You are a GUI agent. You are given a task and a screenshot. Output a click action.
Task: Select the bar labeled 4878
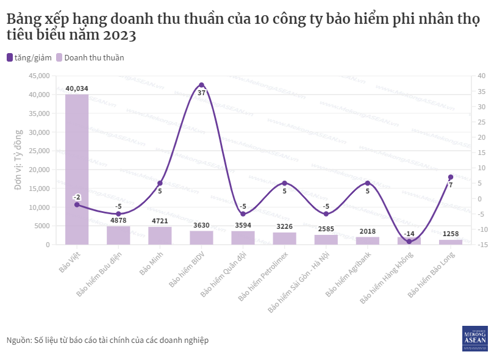(x=118, y=236)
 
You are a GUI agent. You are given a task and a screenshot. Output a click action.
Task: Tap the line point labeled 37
(x=201, y=85)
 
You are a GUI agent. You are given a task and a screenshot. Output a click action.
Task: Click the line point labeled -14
(x=409, y=242)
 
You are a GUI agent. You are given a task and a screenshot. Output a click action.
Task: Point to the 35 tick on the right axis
(x=481, y=92)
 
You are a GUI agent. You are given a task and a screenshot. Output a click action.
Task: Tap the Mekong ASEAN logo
(x=474, y=337)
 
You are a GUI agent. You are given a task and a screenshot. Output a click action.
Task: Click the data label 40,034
(x=77, y=88)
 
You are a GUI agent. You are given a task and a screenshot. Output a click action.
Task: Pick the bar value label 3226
(x=284, y=226)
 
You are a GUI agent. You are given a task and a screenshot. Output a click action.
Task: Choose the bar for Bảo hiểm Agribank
(x=368, y=240)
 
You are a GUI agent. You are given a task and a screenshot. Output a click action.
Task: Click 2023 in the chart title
(x=120, y=35)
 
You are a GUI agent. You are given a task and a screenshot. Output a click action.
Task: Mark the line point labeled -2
(x=77, y=204)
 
